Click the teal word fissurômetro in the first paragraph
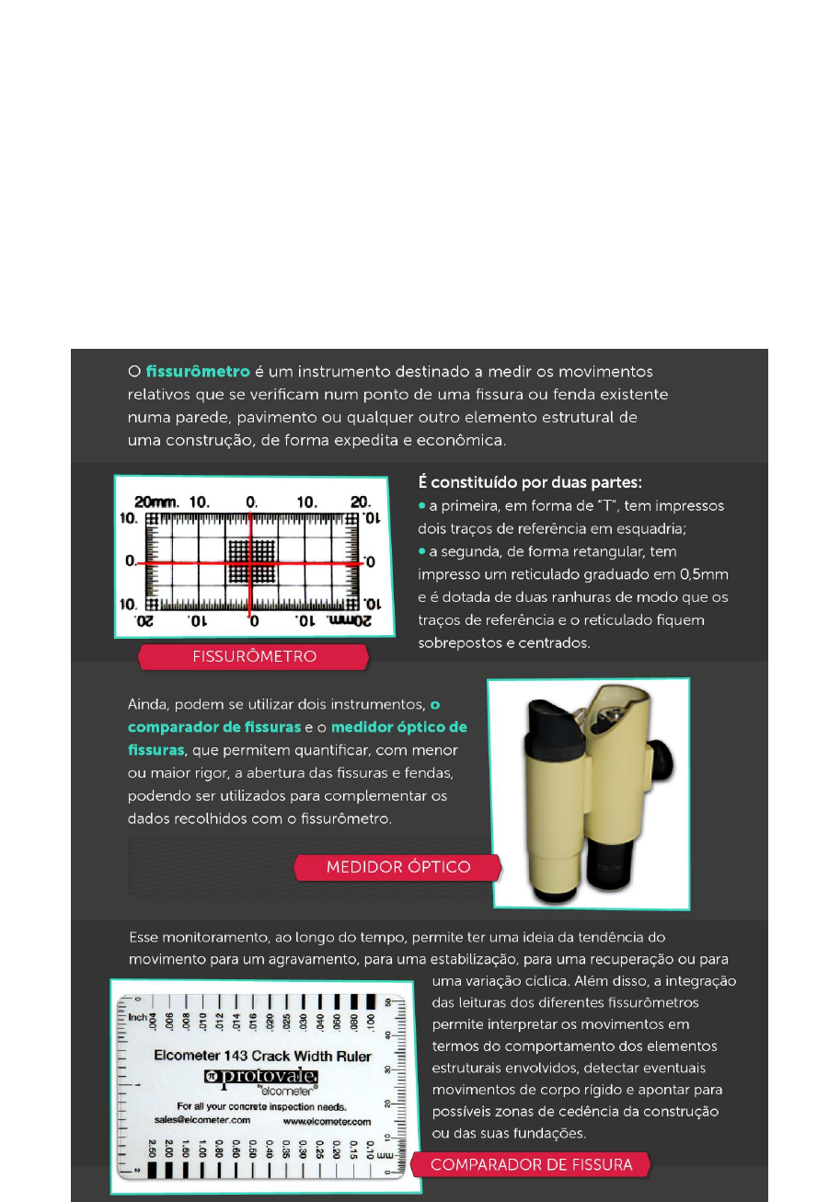(197, 373)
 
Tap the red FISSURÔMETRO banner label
(254, 657)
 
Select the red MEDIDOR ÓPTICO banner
(397, 867)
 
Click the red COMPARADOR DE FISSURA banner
(531, 1165)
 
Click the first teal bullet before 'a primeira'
(421, 505)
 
